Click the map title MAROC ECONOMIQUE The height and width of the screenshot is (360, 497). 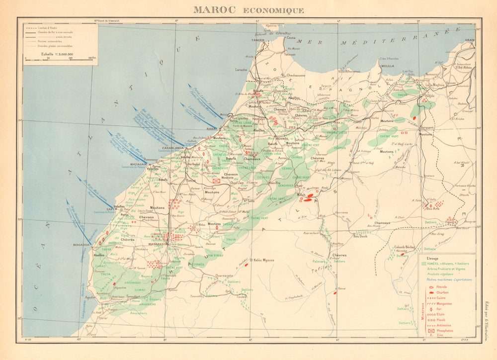tap(248, 9)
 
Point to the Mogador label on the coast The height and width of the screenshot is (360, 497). tap(82, 245)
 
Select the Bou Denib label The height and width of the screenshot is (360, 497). tap(360, 236)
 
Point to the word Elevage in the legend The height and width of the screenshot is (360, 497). tap(426, 258)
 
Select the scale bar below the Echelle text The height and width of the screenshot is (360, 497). tap(60, 59)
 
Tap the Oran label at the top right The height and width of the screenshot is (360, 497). tap(470, 40)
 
